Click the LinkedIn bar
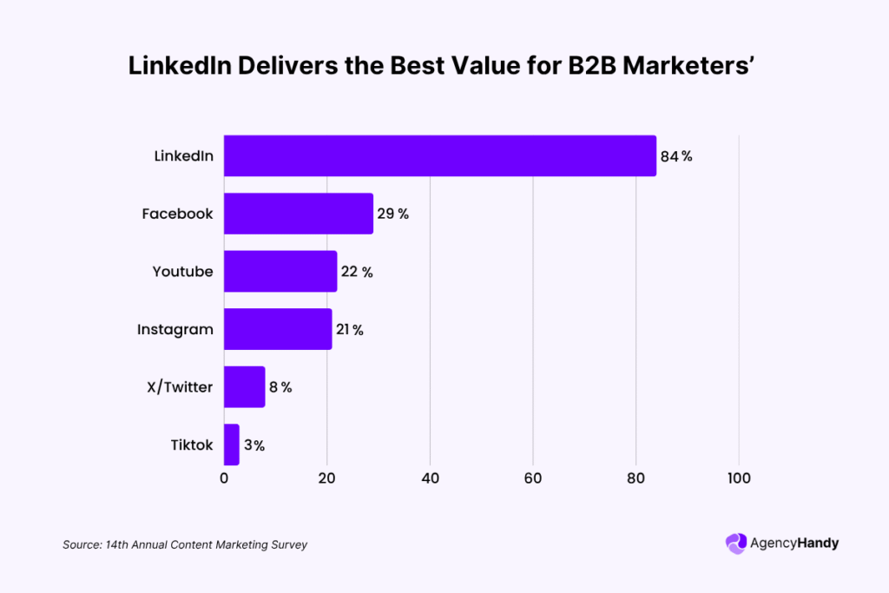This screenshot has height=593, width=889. pos(439,156)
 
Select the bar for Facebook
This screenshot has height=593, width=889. pos(298,214)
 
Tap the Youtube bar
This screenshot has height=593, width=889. pos(280,272)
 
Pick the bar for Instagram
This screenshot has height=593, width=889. pos(277,329)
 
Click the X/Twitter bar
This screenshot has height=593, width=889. pos(244,387)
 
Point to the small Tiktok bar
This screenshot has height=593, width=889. pos(231,445)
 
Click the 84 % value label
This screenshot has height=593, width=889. pos(676,156)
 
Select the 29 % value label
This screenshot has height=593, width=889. pos(392,214)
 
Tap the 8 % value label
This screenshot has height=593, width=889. pos(280,387)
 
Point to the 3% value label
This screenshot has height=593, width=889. pos(254,445)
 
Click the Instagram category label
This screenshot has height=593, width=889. pos(175,330)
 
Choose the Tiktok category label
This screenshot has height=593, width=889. pos(191,445)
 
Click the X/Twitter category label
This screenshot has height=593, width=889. pos(180,387)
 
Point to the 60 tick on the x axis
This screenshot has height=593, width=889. pos(533,478)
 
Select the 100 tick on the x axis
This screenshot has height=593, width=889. pos(739,478)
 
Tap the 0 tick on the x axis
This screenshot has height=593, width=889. pos(224,478)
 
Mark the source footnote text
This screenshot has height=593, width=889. pos(185,545)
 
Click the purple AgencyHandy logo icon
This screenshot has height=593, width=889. pos(735,544)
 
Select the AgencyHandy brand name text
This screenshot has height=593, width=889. pos(795,544)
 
